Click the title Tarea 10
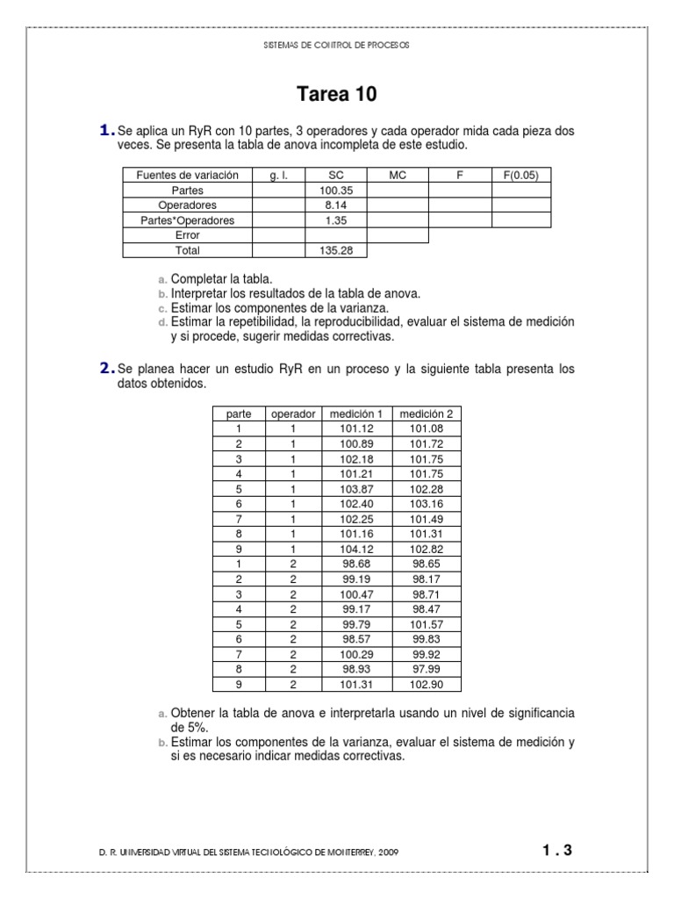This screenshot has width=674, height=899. (337, 94)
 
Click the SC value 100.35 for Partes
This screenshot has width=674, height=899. (336, 190)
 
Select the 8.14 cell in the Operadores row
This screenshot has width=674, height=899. (336, 205)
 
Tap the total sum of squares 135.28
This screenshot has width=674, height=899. (336, 250)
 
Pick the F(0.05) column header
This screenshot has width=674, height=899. (521, 176)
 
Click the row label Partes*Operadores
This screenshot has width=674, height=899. (188, 220)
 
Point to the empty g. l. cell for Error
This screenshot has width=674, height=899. (278, 235)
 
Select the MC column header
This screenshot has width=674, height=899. (398, 176)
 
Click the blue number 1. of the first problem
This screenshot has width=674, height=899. (107, 131)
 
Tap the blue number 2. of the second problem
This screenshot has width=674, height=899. (107, 370)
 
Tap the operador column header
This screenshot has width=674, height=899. (292, 413)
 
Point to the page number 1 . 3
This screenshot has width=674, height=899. (556, 850)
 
